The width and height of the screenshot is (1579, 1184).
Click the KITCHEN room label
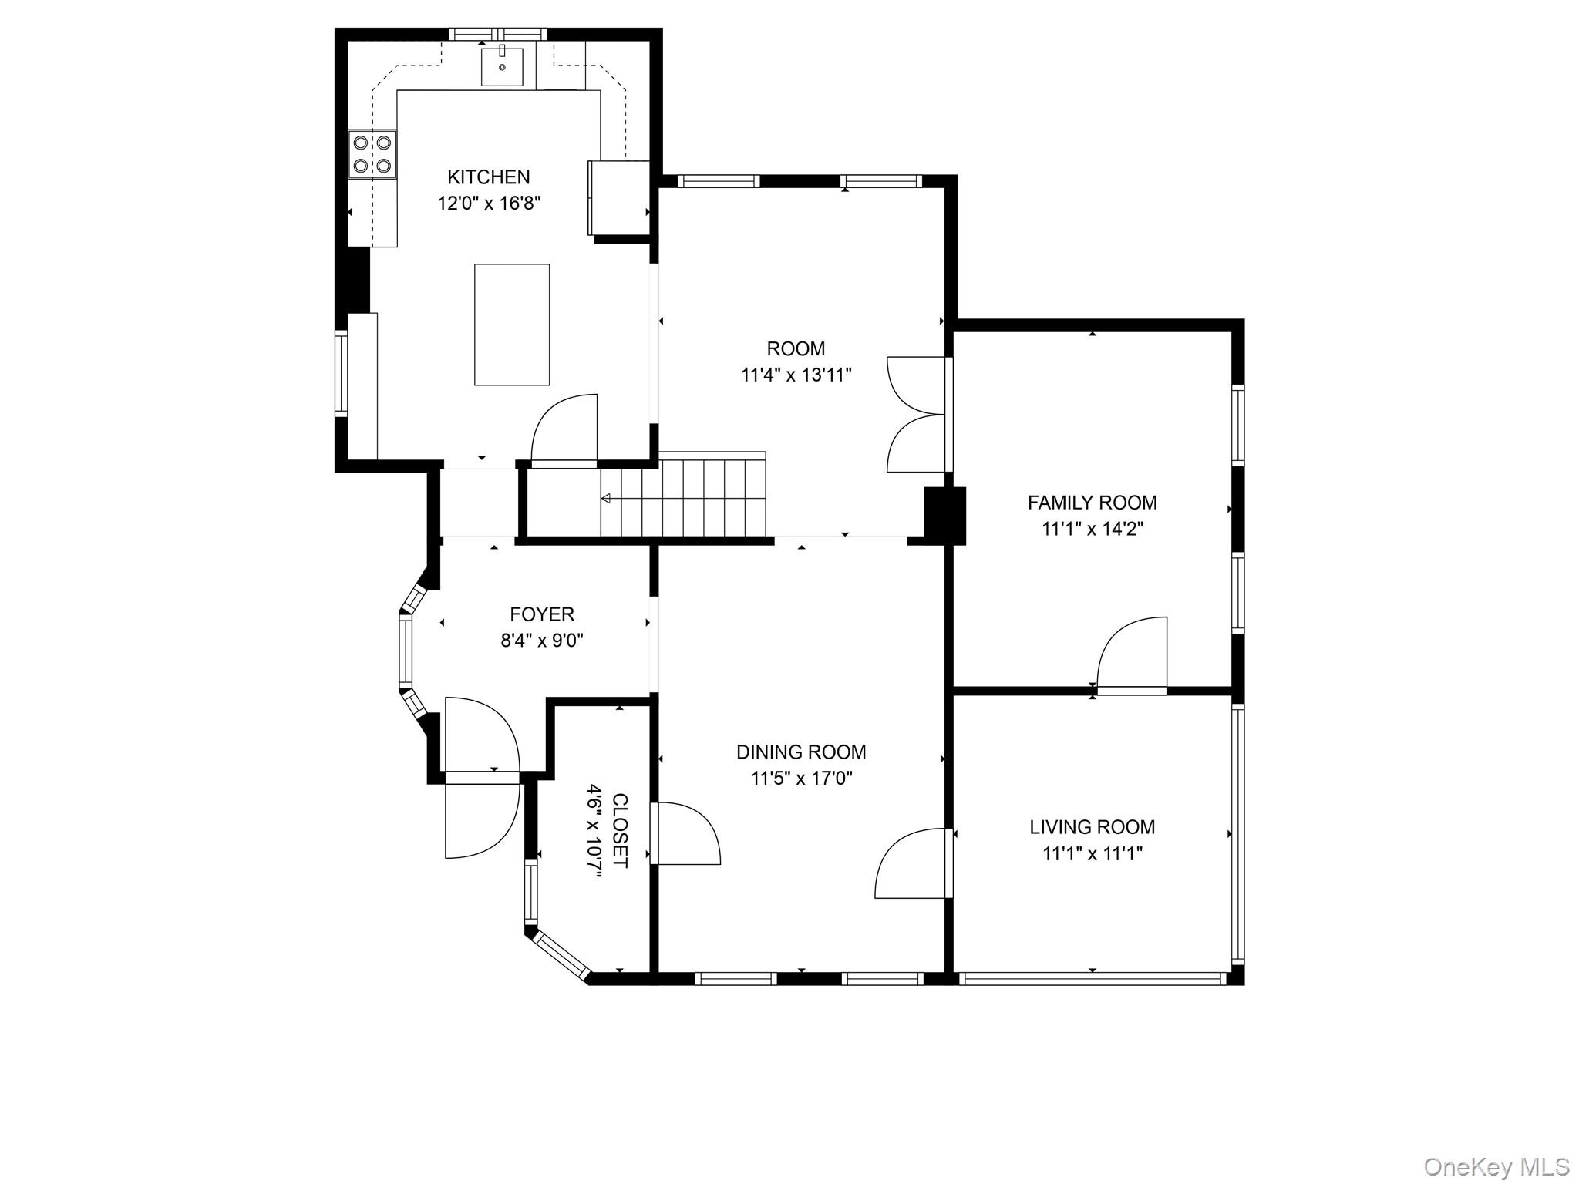point(489,177)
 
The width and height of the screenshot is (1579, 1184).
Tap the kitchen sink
point(502,66)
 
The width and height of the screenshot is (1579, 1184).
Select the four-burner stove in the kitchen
point(372,154)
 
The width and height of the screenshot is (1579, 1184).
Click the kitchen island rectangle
point(512,325)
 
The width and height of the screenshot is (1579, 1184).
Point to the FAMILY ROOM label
point(1092,503)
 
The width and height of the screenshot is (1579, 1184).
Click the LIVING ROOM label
point(1092,827)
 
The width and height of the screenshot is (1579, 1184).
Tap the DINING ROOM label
point(801,752)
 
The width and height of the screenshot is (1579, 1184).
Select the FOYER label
point(542,614)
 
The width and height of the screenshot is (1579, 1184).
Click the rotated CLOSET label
point(620,830)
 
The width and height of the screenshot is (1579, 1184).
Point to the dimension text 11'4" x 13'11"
point(796,375)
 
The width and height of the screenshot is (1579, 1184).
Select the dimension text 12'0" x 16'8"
point(489,203)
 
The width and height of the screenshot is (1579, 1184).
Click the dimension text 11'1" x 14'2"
point(1092,530)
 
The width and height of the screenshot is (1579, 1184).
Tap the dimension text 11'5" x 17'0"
point(801,779)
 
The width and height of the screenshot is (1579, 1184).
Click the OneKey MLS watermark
point(1497,1166)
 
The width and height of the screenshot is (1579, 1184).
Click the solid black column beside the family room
point(944,516)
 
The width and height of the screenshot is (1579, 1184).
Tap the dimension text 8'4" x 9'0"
point(542,641)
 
